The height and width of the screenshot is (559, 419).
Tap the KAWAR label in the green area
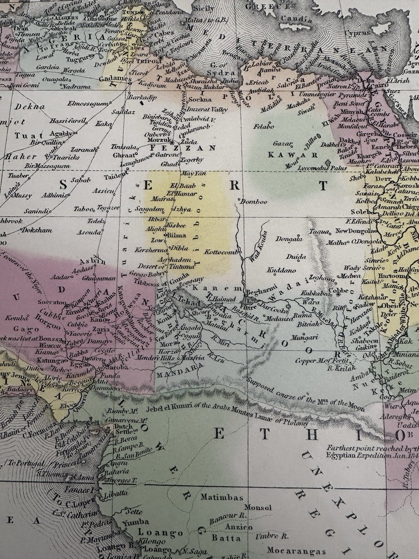click(x=281, y=154)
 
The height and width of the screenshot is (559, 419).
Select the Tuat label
click(x=25, y=135)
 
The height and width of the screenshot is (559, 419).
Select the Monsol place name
click(x=258, y=508)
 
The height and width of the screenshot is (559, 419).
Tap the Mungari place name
click(x=304, y=338)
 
